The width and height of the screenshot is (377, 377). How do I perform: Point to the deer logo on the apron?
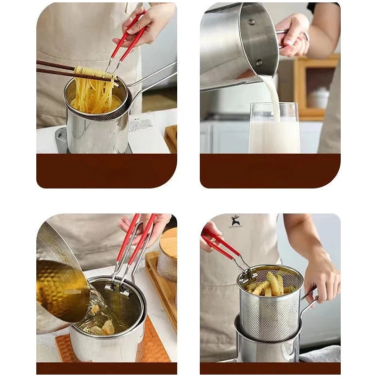pyautogui.click(x=235, y=221)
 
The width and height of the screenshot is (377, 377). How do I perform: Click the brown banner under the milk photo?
pyautogui.click(x=270, y=171)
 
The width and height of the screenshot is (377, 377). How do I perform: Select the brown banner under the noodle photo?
pyautogui.click(x=107, y=171)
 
